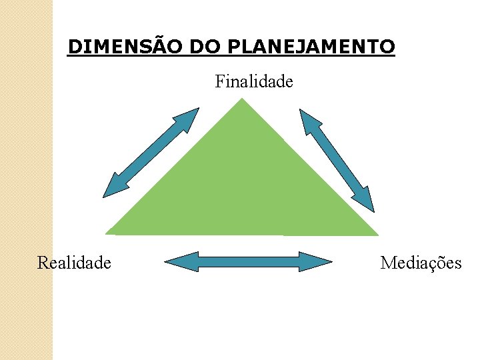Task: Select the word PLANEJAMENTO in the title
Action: [x=311, y=47]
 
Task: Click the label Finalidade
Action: [x=254, y=82]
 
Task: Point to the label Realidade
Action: [x=74, y=263]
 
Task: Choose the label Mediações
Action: [x=421, y=263]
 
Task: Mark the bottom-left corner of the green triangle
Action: [x=107, y=233]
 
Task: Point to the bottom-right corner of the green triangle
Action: [x=377, y=235]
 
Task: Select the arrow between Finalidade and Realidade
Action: [x=151, y=153]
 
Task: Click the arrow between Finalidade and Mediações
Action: [x=337, y=160]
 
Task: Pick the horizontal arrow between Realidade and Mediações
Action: [x=248, y=261]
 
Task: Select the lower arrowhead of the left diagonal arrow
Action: [x=112, y=189]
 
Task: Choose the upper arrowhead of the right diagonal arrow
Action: [x=308, y=119]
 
